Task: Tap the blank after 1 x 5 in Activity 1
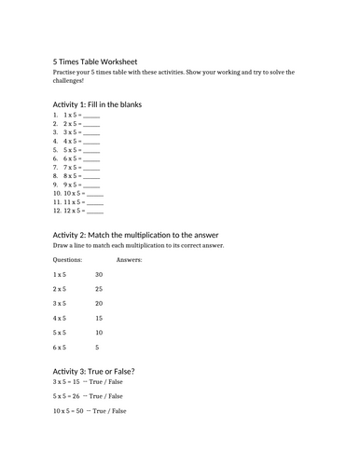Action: pyautogui.click(x=91, y=115)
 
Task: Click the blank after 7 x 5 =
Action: pyautogui.click(x=91, y=167)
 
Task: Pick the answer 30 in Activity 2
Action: pyautogui.click(x=99, y=275)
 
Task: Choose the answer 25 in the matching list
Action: pyautogui.click(x=99, y=289)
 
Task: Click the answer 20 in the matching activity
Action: pyautogui.click(x=99, y=304)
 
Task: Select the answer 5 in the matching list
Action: pyautogui.click(x=97, y=348)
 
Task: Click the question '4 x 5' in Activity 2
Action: pyautogui.click(x=60, y=318)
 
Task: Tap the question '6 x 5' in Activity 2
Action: pyautogui.click(x=60, y=348)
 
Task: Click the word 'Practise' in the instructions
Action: pyautogui.click(x=68, y=72)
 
